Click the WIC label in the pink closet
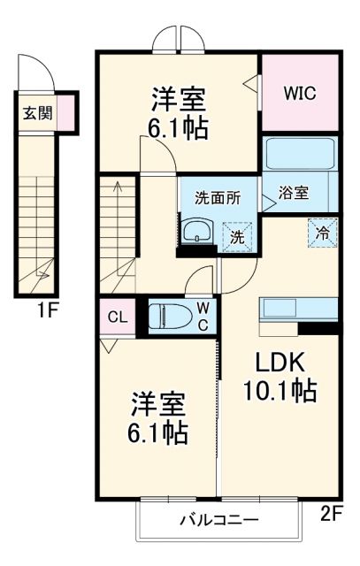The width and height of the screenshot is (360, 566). click(300, 93)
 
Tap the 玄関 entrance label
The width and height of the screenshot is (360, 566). click(36, 113)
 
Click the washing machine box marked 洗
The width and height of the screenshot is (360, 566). click(236, 236)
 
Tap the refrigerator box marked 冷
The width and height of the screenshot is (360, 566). click(323, 233)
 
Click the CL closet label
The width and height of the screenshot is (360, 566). click(117, 317)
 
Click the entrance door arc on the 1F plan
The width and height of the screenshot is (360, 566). click(32, 70)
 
